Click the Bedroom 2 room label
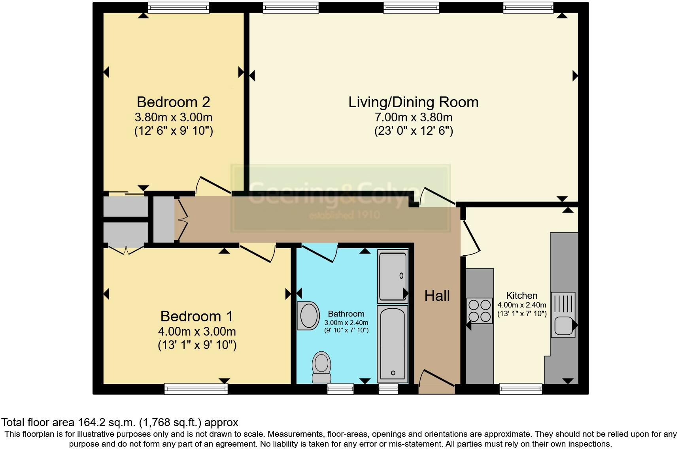173,102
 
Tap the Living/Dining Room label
414,102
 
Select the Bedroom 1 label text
196,316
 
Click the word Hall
437,296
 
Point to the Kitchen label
522,295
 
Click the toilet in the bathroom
321,367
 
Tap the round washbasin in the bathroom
308,316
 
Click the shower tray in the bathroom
393,276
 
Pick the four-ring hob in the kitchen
480,311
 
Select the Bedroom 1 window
196,389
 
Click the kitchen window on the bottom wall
521,389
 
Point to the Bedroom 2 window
178,7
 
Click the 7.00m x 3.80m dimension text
414,117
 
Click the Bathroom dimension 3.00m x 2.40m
346,323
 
